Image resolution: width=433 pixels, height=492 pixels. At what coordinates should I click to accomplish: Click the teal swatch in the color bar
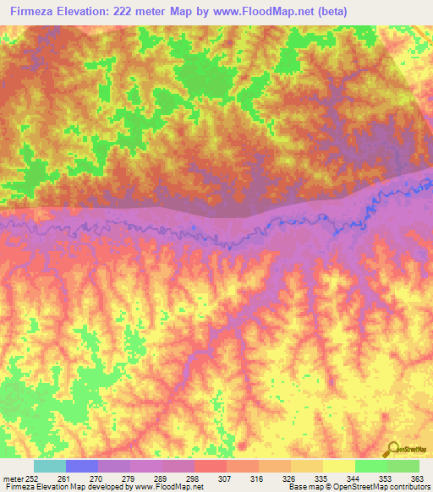[x=49, y=466]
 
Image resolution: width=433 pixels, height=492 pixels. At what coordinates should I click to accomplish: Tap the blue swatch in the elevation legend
[x=81, y=466]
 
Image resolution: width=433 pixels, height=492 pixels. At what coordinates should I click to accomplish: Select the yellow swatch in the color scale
[x=337, y=466]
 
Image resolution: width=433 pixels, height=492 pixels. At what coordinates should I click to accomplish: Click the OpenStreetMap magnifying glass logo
[x=392, y=449]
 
